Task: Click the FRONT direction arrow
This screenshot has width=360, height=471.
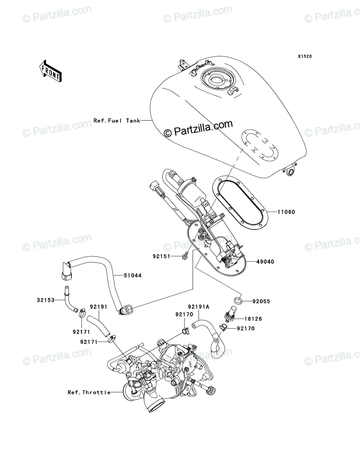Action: click(50, 71)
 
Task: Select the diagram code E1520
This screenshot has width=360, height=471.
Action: click(305, 57)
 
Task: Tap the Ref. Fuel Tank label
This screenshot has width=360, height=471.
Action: click(117, 121)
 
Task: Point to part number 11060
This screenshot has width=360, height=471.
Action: click(286, 212)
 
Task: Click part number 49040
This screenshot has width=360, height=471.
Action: click(265, 262)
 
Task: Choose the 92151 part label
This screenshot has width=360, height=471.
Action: click(161, 256)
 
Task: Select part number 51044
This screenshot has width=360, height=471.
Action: click(133, 276)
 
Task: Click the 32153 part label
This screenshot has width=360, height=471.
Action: click(46, 300)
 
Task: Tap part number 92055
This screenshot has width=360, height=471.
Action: click(261, 301)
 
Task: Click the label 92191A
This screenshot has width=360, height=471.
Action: click(199, 307)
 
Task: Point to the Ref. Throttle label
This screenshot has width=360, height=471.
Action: click(89, 392)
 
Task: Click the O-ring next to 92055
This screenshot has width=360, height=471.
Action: click(238, 301)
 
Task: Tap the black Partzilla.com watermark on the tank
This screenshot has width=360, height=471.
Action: click(198, 129)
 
